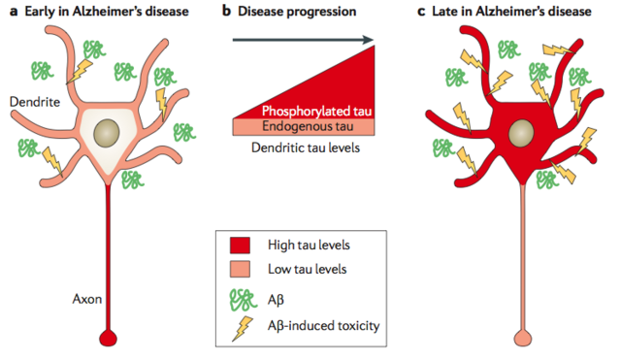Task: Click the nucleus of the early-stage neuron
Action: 109,130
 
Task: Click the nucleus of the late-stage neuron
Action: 521,131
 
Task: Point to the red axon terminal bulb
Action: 108,340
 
